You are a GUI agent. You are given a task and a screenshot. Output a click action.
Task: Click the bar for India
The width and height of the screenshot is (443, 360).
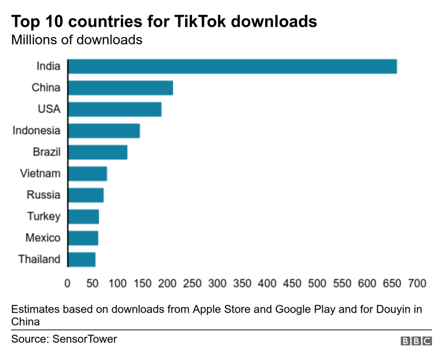click(x=232, y=66)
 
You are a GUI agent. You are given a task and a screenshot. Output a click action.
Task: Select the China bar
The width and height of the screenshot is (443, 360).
click(x=121, y=88)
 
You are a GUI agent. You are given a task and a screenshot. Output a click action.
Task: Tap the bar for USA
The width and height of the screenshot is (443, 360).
click(x=115, y=109)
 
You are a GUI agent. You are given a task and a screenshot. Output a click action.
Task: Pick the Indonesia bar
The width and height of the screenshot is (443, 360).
click(x=104, y=131)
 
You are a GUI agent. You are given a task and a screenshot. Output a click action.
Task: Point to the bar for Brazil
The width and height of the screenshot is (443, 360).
click(x=98, y=152)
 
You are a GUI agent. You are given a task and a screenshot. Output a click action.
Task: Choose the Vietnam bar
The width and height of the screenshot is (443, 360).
click(x=88, y=174)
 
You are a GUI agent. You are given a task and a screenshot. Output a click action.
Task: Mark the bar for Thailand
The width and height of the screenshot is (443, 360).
click(x=82, y=260)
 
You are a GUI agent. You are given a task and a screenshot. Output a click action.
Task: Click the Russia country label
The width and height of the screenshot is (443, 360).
click(x=43, y=195)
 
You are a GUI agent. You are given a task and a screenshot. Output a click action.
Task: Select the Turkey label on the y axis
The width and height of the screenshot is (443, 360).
click(x=44, y=217)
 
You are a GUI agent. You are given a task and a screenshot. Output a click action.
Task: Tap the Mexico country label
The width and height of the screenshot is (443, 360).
click(x=43, y=238)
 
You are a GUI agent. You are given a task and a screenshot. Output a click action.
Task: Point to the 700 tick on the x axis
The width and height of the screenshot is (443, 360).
click(x=417, y=284)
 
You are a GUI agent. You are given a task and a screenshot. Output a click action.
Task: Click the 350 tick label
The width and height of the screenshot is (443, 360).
click(x=242, y=284)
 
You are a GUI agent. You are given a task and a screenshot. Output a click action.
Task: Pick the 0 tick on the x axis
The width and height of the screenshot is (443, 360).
click(x=68, y=284)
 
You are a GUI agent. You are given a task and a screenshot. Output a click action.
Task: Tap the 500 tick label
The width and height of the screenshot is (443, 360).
click(x=317, y=284)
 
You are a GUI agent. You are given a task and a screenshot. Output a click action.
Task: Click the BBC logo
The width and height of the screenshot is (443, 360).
click(x=416, y=341)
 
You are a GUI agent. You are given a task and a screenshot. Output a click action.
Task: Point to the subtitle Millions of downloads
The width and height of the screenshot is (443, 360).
click(x=77, y=40)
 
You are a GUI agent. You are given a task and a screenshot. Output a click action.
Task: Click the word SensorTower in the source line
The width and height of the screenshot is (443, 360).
click(x=85, y=339)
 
